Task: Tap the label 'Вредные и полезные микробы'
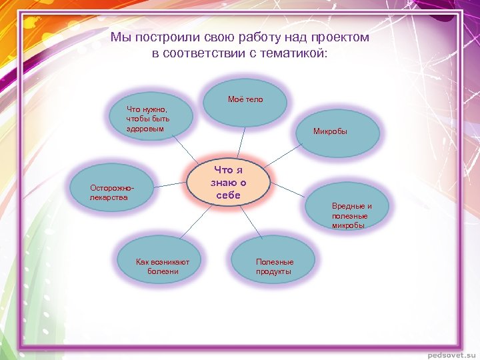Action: click(x=351, y=215)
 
